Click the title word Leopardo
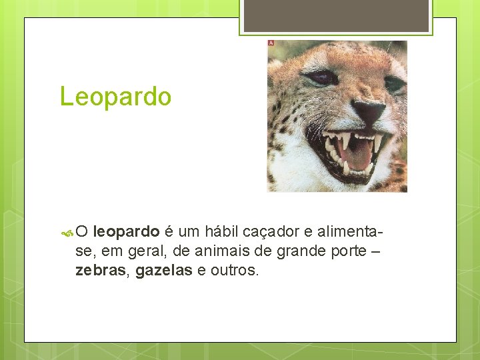115,97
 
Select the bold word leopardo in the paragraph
126,232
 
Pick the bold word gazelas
164,271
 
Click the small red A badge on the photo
271,43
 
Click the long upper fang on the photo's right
378,142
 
